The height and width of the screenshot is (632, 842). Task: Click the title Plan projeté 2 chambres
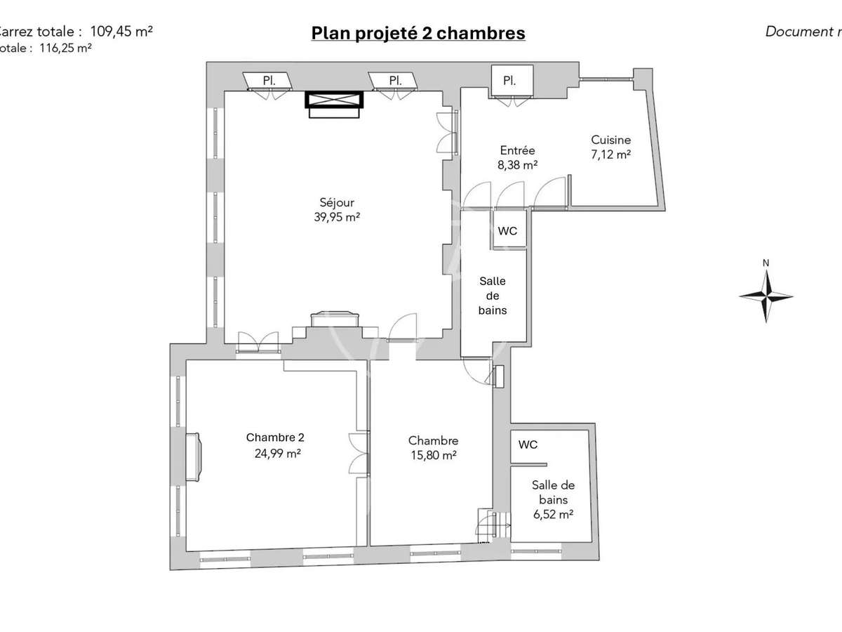coord(418,33)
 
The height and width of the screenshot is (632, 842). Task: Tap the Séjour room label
coord(337,203)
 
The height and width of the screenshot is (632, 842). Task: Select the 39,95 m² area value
coord(337,218)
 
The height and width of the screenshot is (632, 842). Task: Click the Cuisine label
coord(610,140)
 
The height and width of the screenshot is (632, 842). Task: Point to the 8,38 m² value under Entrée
coord(518,165)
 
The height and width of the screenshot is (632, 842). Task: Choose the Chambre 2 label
coord(275,437)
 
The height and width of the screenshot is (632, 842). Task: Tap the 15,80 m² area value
coord(433,455)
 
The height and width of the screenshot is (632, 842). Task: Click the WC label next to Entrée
coord(507,230)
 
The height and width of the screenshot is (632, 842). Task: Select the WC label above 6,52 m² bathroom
coord(528,445)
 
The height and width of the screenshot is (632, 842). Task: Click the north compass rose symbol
coord(766,296)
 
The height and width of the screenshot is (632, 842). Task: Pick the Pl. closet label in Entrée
coord(509,81)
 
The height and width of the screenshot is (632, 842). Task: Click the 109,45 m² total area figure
coord(121,31)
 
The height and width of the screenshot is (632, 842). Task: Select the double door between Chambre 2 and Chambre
coord(359,454)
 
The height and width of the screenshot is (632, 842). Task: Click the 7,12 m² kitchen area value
coord(610,155)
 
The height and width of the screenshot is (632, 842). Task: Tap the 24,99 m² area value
coord(278,454)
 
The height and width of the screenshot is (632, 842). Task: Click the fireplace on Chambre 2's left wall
coord(193,457)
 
